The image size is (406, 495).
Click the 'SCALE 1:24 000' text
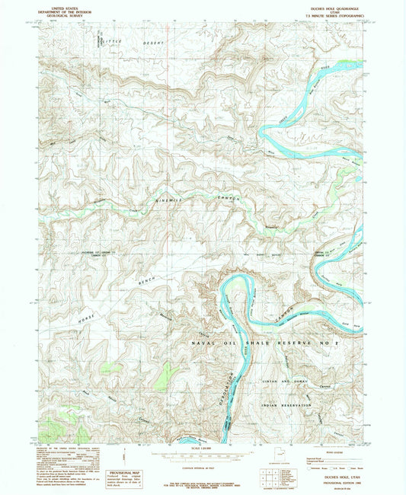(x=203, y=446)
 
